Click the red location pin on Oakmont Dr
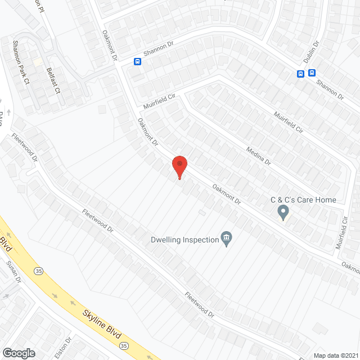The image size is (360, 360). [x=179, y=166]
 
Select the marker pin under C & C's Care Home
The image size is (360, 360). [x=283, y=212]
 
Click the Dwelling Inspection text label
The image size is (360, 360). [x=184, y=240]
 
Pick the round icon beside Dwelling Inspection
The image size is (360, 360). [x=226, y=239]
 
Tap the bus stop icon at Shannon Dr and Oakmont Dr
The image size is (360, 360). [x=137, y=62]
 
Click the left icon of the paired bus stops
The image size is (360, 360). [x=301, y=73]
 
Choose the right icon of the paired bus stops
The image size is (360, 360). [x=312, y=73]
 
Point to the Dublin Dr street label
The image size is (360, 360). [x=312, y=52]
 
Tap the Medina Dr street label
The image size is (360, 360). [x=259, y=155]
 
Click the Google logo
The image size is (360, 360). [x=18, y=353]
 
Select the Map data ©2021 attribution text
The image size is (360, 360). [x=335, y=355]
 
